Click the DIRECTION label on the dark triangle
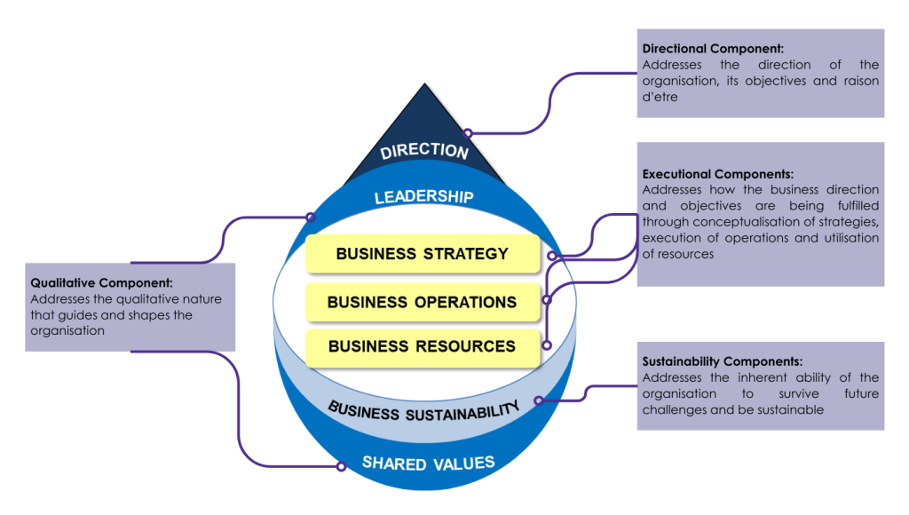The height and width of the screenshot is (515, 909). pos(424,150)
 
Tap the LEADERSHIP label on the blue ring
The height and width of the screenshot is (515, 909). pos(423,196)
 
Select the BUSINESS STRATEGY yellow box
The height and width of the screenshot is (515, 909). pos(422,254)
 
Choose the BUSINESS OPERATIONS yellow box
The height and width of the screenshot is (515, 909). pos(422,302)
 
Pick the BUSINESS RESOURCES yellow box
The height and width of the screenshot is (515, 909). pos(422,346)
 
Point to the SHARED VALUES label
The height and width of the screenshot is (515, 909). pos(428,463)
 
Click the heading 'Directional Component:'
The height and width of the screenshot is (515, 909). pos(707,49)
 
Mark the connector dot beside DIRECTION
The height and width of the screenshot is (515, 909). pos(468,133)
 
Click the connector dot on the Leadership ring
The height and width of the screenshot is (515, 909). pos(311,217)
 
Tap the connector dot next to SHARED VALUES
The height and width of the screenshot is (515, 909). pos(341,466)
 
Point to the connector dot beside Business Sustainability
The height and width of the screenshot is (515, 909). pos(540,401)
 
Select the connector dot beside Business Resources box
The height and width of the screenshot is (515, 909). pos(547,345)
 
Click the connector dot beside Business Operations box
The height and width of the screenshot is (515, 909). pos(547,300)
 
